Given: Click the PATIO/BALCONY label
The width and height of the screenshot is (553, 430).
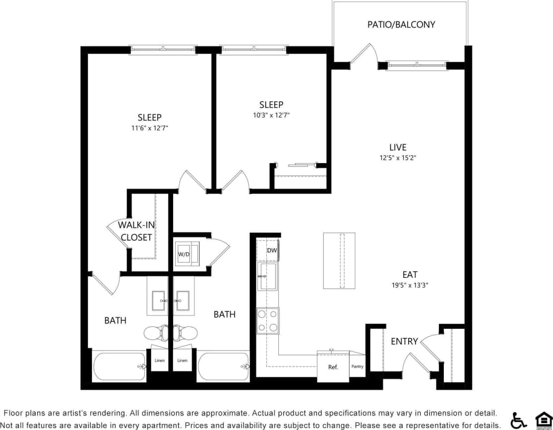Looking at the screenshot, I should tap(401, 24).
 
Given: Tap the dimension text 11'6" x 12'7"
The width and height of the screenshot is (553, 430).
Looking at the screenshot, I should tap(149, 128).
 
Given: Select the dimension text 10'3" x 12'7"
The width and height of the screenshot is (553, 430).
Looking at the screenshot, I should tap(271, 115).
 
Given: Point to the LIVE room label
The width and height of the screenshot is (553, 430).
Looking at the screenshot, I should tap(398, 147).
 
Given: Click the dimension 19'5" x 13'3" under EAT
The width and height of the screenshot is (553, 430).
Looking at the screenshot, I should tap(410, 285).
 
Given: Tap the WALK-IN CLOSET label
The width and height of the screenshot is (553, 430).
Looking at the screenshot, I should tap(136, 231).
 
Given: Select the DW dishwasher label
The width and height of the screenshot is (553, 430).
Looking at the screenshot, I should tap(271, 250).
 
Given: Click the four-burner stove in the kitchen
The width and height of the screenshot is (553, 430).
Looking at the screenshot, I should tap(267, 320).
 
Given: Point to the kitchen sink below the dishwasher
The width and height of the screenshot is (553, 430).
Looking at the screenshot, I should tap(268, 277).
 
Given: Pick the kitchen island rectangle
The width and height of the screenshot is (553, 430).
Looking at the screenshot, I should tap(339, 260).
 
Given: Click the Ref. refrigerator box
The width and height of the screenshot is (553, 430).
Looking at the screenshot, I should tap(333, 367).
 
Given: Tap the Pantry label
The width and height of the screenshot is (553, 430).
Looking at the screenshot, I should tap(357, 367).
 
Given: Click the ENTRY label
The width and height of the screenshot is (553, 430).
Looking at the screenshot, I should tap(404, 341).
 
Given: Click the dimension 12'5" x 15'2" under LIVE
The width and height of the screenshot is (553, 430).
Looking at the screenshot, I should tap(398, 158).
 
